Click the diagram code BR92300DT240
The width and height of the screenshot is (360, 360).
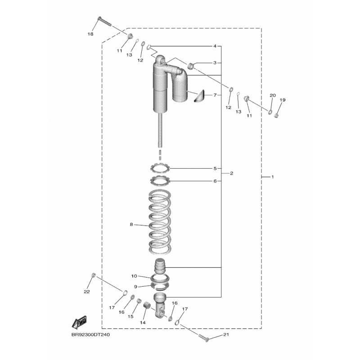pyautogui.click(x=90, y=334)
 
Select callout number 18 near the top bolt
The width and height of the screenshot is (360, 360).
pyautogui.click(x=90, y=34)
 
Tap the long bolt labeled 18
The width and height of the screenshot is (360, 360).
pyautogui.click(x=104, y=21)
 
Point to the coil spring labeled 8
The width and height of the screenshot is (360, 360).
pyautogui.click(x=160, y=221)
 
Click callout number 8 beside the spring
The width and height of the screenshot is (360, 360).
pyautogui.click(x=131, y=224)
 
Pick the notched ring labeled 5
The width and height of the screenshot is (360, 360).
pyautogui.click(x=160, y=168)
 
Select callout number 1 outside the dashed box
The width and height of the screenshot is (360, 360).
pyautogui.click(x=273, y=177)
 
